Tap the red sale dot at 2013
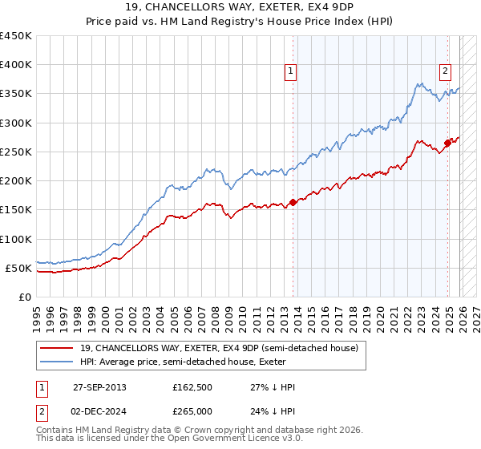(293, 202)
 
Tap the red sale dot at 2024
(447, 144)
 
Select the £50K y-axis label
(19, 268)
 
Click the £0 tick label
(25, 297)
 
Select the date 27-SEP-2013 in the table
(99, 387)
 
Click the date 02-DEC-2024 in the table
(99, 411)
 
